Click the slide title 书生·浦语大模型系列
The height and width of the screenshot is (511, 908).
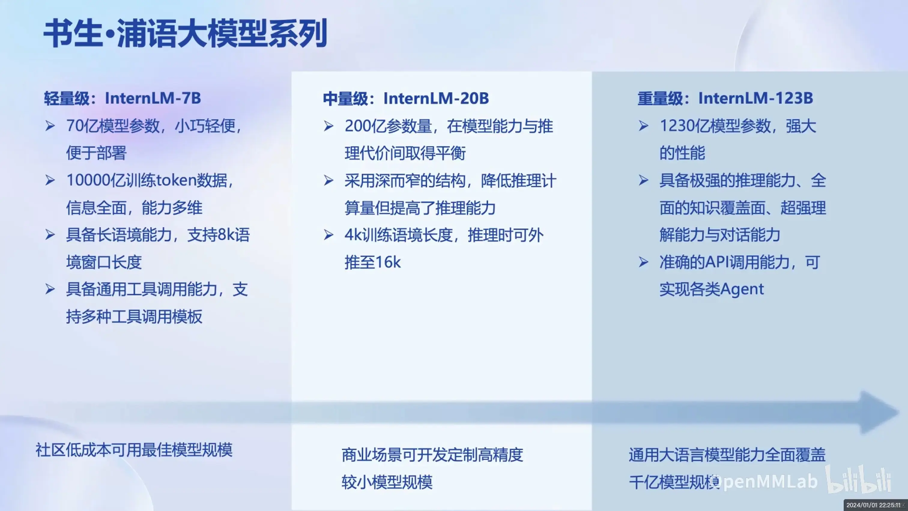tap(185, 34)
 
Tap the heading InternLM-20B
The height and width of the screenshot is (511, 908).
tap(436, 99)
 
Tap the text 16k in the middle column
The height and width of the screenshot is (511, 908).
tap(387, 262)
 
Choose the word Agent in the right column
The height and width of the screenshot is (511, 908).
tap(742, 290)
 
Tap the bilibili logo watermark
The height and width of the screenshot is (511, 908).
tap(859, 479)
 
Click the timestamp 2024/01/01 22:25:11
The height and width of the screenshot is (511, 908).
tap(873, 505)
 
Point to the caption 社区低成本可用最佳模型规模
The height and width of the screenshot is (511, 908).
tap(134, 450)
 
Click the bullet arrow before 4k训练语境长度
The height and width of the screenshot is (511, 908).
tap(328, 235)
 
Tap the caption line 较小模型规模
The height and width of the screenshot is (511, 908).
tap(387, 482)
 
